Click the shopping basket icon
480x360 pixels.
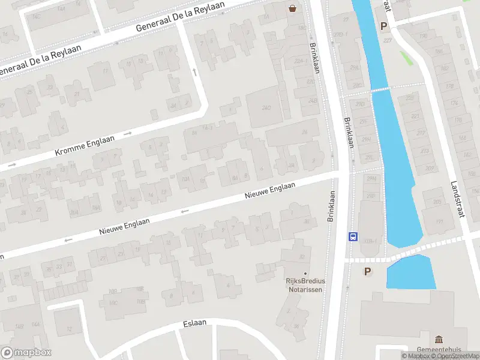(293, 8)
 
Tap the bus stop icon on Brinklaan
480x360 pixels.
(353, 236)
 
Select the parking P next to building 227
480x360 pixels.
(383, 26)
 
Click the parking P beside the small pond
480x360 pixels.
(368, 271)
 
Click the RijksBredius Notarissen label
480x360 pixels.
(304, 285)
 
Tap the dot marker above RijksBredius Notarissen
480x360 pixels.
(304, 274)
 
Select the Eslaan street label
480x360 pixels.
(194, 323)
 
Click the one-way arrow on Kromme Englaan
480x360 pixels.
(127, 133)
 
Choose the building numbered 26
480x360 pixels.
(304, 133)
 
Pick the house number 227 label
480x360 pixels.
(387, 40)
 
